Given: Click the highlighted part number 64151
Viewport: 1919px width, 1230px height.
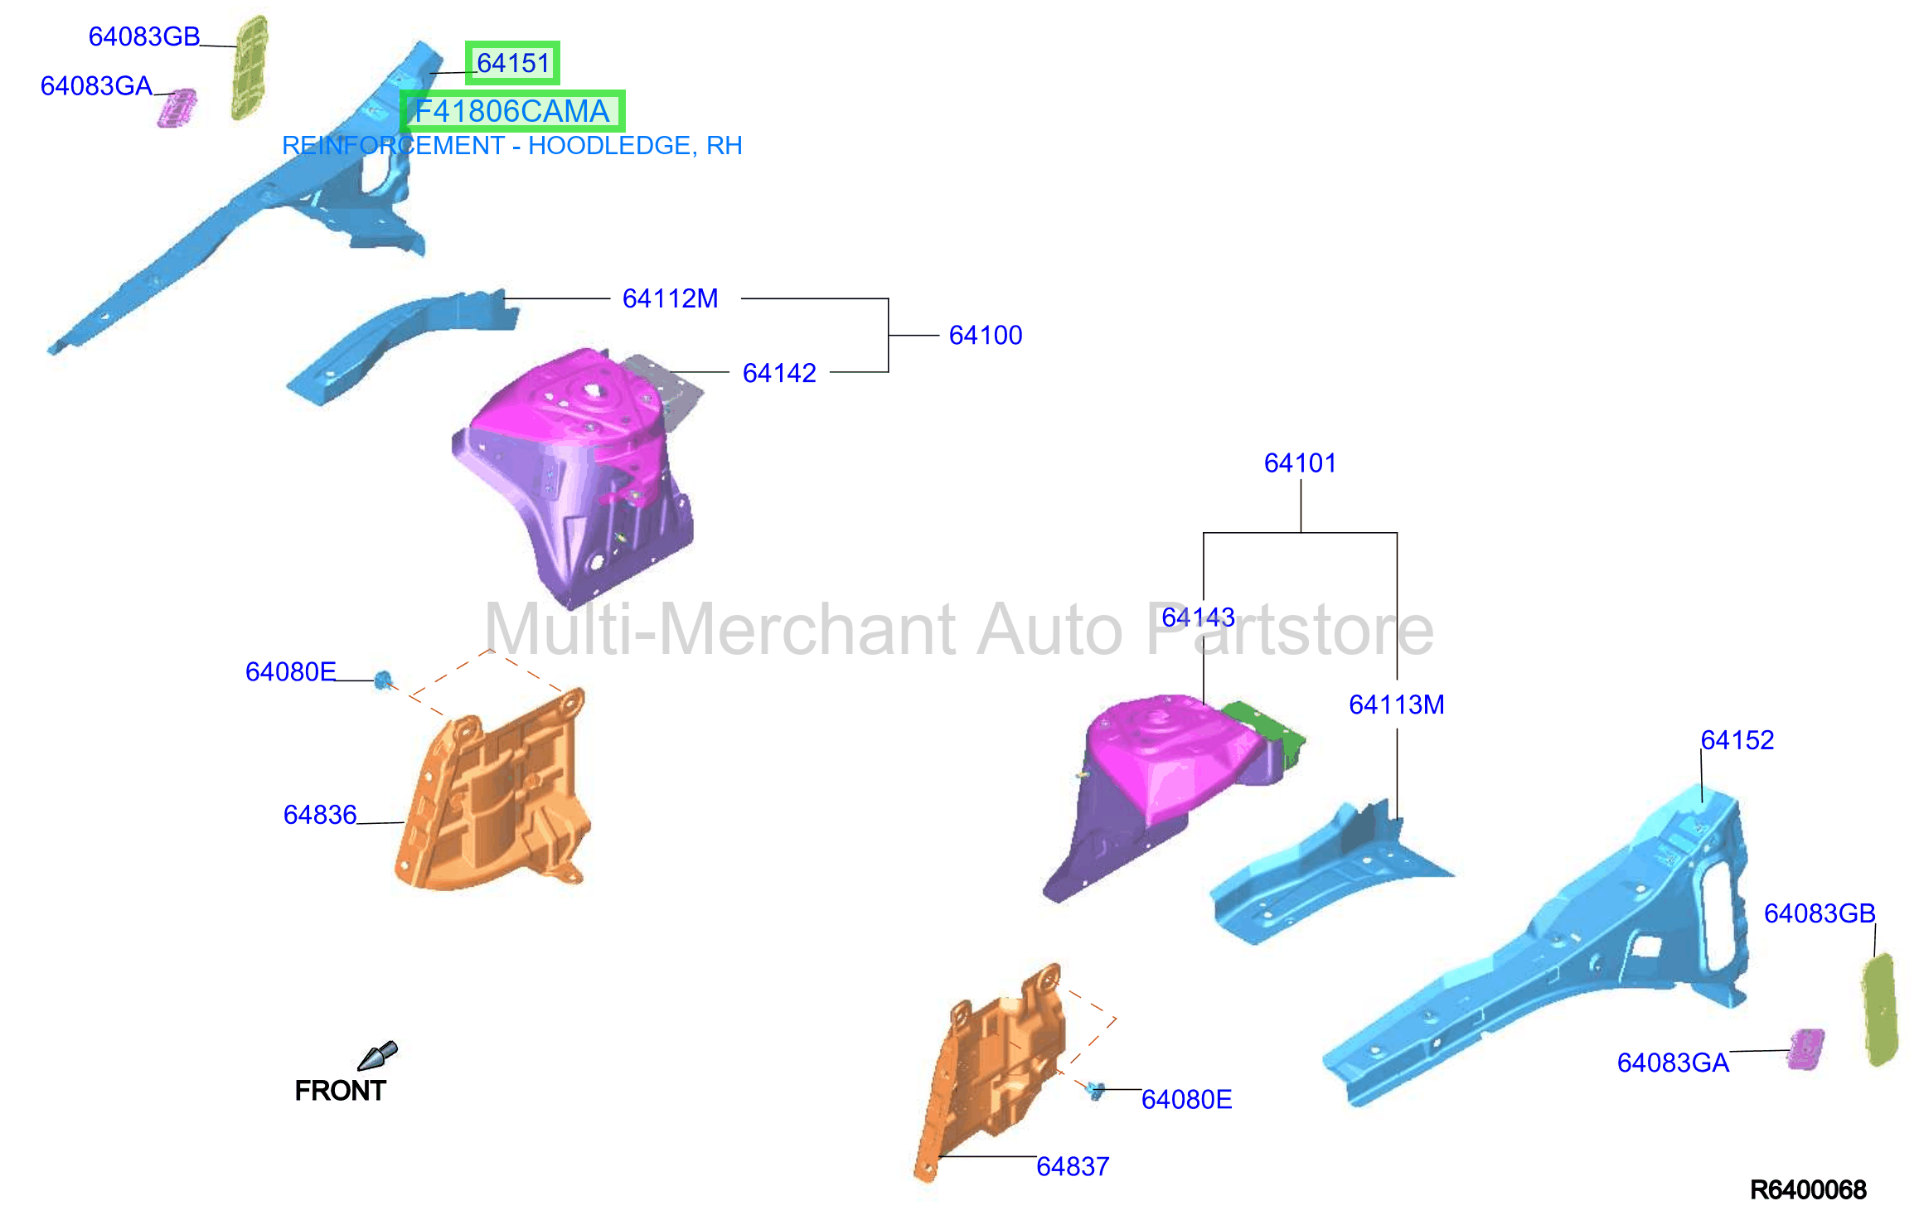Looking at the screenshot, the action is coord(513,63).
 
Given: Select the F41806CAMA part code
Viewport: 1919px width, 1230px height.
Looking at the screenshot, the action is coord(512,111).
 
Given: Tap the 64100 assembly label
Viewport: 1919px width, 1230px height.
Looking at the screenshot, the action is coord(986,335).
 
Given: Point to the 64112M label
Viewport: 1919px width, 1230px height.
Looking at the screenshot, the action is coord(671,298).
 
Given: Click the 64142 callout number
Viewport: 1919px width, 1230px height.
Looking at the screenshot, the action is coord(779,373).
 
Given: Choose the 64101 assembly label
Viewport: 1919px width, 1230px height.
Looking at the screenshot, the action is coord(1300,462).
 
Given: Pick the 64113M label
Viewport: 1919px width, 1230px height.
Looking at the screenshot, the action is coord(1397,705).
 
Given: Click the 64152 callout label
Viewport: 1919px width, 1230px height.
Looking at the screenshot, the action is coord(1737,739).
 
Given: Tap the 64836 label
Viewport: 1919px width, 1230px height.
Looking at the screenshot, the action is coord(320,815).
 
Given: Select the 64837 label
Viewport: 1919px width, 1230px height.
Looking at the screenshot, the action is coord(1073,1166).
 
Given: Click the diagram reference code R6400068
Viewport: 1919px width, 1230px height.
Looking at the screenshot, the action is coord(1808,1190).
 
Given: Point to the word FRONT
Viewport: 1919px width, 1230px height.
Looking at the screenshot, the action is coord(340,1091).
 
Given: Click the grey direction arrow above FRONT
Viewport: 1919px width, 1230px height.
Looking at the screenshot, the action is coord(378,1055).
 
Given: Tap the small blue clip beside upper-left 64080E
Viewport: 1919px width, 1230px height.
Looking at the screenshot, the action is coord(383,680).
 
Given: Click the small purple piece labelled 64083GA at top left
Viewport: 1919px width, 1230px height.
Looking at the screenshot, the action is coord(177,108).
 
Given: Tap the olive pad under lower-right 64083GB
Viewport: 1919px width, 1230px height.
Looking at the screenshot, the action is coord(1879,1010).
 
